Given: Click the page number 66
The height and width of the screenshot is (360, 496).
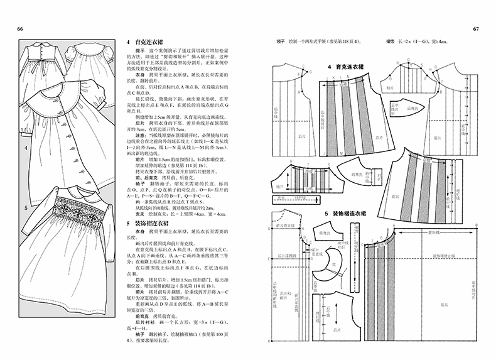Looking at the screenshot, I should pyautogui.click(x=20, y=30).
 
